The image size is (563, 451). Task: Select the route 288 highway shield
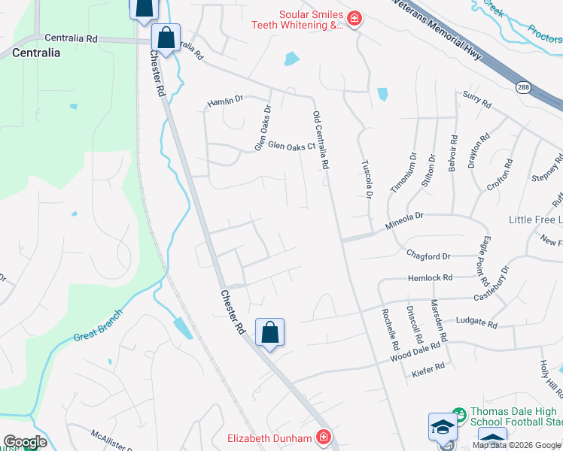(x=523, y=87)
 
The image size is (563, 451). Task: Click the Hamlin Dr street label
(x=226, y=99)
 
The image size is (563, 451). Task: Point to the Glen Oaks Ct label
(x=291, y=146)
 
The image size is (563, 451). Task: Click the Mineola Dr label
(x=405, y=215)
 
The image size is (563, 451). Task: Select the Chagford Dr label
(x=428, y=256)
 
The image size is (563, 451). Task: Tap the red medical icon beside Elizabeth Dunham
(x=324, y=437)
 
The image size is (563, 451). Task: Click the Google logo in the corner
(x=25, y=442)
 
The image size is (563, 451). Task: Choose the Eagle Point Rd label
(x=485, y=260)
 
